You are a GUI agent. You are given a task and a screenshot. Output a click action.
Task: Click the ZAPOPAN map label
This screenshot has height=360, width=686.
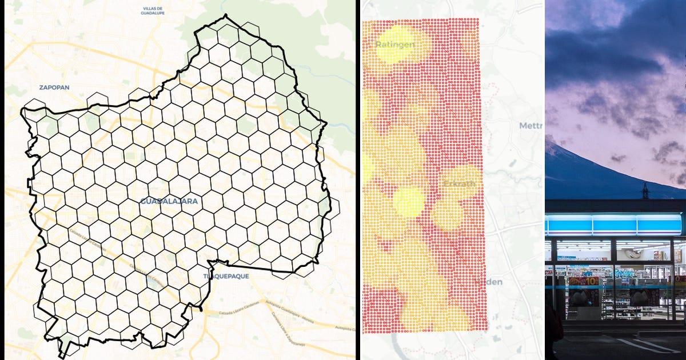click(54, 87)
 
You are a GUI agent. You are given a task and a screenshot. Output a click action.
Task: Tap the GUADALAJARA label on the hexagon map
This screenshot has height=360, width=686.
click(169, 201)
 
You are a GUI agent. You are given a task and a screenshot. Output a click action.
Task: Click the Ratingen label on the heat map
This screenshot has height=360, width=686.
click(395, 43)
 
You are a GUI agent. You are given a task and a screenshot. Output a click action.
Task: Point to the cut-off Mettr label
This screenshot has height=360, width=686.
click(531, 126)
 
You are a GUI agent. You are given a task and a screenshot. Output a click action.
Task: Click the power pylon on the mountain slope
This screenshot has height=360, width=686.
click(645, 191)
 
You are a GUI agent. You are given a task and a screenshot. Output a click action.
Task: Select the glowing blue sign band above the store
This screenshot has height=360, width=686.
click(615, 224)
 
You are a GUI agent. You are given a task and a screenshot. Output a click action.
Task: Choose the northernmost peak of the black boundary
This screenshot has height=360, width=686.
click(226, 15)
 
